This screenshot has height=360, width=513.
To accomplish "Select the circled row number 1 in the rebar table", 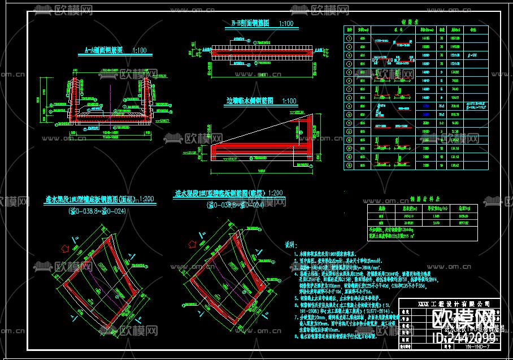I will click(x=348, y=37).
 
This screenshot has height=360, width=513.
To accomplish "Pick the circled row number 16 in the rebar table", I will click(x=348, y=166).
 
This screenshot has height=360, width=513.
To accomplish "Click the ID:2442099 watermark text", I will click(x=463, y=338).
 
